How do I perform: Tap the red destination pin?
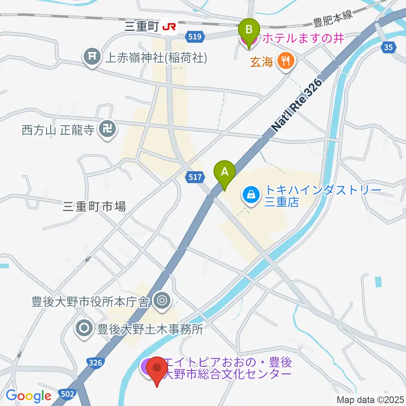click(158, 370)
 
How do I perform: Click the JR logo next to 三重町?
click(169, 27)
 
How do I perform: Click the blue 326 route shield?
click(96, 362)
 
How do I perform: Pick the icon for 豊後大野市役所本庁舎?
click(162, 301)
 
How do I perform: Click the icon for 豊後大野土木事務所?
click(84, 328)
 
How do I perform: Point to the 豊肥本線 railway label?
click(332, 22)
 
